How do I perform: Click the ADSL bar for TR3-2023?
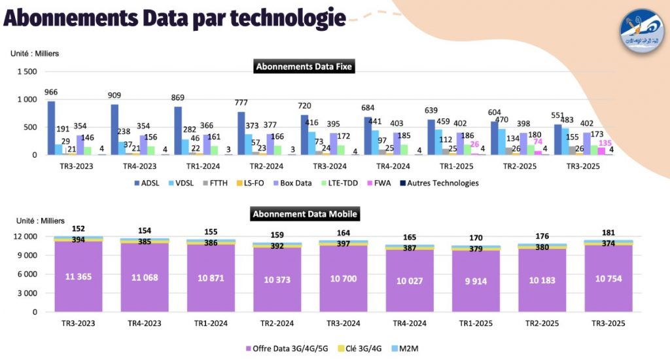coord(51,128)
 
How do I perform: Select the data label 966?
coord(51,93)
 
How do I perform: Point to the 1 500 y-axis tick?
coord(27,71)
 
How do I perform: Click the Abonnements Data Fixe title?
coord(304,66)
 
